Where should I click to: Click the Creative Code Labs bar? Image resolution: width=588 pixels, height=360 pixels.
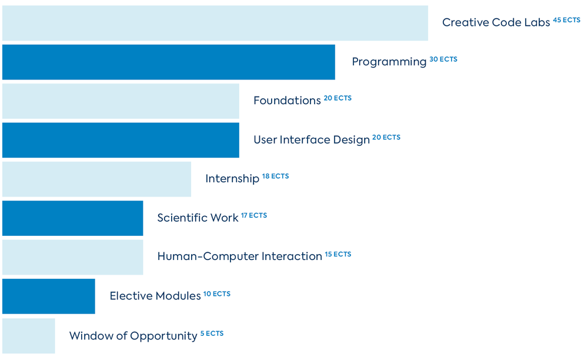(x=215, y=24)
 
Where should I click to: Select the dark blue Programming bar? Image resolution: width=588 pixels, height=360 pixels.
(x=169, y=62)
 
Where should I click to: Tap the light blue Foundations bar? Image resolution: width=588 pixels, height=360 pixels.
(x=121, y=101)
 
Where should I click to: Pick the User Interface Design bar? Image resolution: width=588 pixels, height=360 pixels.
(x=121, y=140)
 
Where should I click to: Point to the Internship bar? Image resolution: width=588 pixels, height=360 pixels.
(x=96, y=179)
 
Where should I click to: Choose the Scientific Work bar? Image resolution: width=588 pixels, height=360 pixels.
(x=72, y=218)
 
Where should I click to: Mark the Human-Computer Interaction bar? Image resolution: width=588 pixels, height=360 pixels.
(x=72, y=257)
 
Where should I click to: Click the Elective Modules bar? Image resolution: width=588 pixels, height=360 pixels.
(x=48, y=296)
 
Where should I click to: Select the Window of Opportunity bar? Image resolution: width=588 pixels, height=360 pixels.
(x=28, y=336)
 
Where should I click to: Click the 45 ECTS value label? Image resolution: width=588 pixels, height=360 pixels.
(x=566, y=20)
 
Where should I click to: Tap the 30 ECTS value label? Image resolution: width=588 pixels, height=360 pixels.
(x=443, y=59)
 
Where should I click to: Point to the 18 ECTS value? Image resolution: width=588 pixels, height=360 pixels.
(x=275, y=176)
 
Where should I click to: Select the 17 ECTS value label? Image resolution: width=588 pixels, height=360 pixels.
(x=254, y=215)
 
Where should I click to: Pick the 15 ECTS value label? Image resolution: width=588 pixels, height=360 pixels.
(x=338, y=254)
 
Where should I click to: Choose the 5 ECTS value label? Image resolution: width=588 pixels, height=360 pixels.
(x=212, y=334)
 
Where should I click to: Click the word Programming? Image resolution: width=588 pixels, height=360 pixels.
(x=389, y=62)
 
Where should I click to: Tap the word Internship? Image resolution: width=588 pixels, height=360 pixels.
(x=232, y=179)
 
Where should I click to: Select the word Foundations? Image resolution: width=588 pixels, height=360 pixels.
(x=287, y=101)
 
